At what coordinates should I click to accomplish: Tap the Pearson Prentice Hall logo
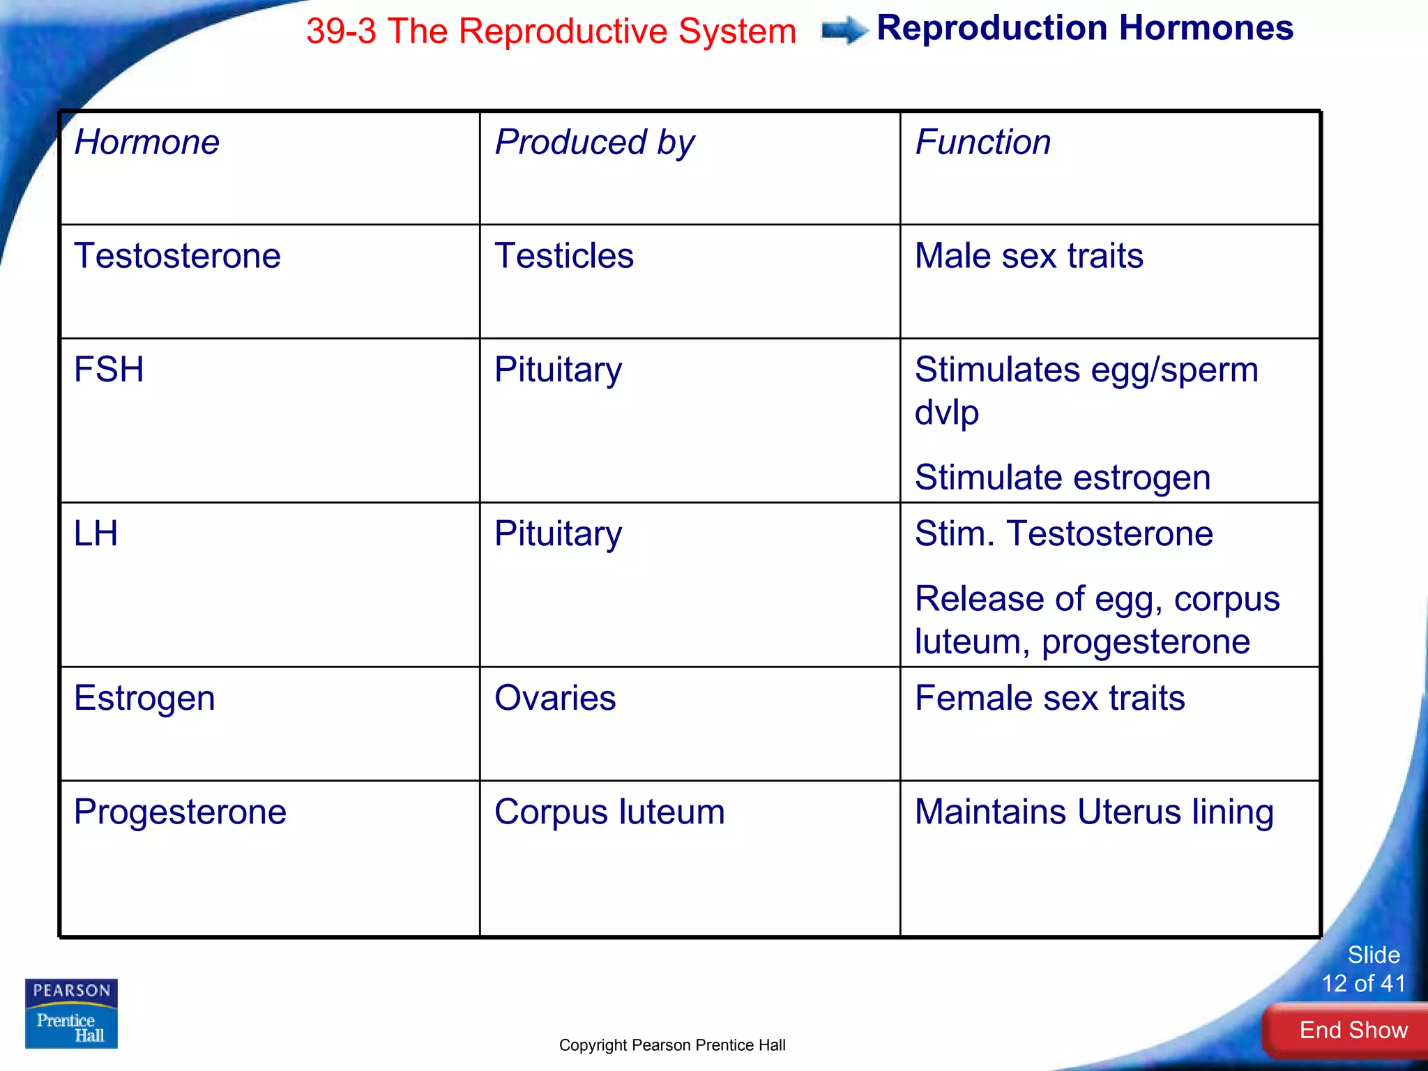pos(71,1013)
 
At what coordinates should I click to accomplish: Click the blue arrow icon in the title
pos(844,30)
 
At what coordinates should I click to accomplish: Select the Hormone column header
pos(147,142)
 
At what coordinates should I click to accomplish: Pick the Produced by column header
pos(594,142)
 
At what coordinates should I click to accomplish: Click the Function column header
pos(982,142)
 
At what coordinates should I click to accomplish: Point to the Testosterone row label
pos(177,255)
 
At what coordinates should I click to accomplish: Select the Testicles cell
pos(563,255)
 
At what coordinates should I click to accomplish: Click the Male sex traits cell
pos(1028,255)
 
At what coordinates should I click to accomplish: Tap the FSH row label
pos(109,369)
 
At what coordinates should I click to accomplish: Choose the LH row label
pos(96,533)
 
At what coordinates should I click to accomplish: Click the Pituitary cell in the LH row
pos(558,533)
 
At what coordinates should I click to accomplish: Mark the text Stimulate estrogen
pos(1062,478)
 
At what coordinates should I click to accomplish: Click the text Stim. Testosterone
pos(1063,533)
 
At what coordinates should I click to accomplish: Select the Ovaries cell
pos(555,698)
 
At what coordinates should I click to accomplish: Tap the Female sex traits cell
pos(1049,698)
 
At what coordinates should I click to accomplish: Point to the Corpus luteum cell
pos(609,812)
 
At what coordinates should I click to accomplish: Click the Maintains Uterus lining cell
pos(1093,812)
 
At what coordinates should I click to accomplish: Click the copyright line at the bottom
pos(672,1045)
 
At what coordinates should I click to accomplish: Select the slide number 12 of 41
pos(1363,983)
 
